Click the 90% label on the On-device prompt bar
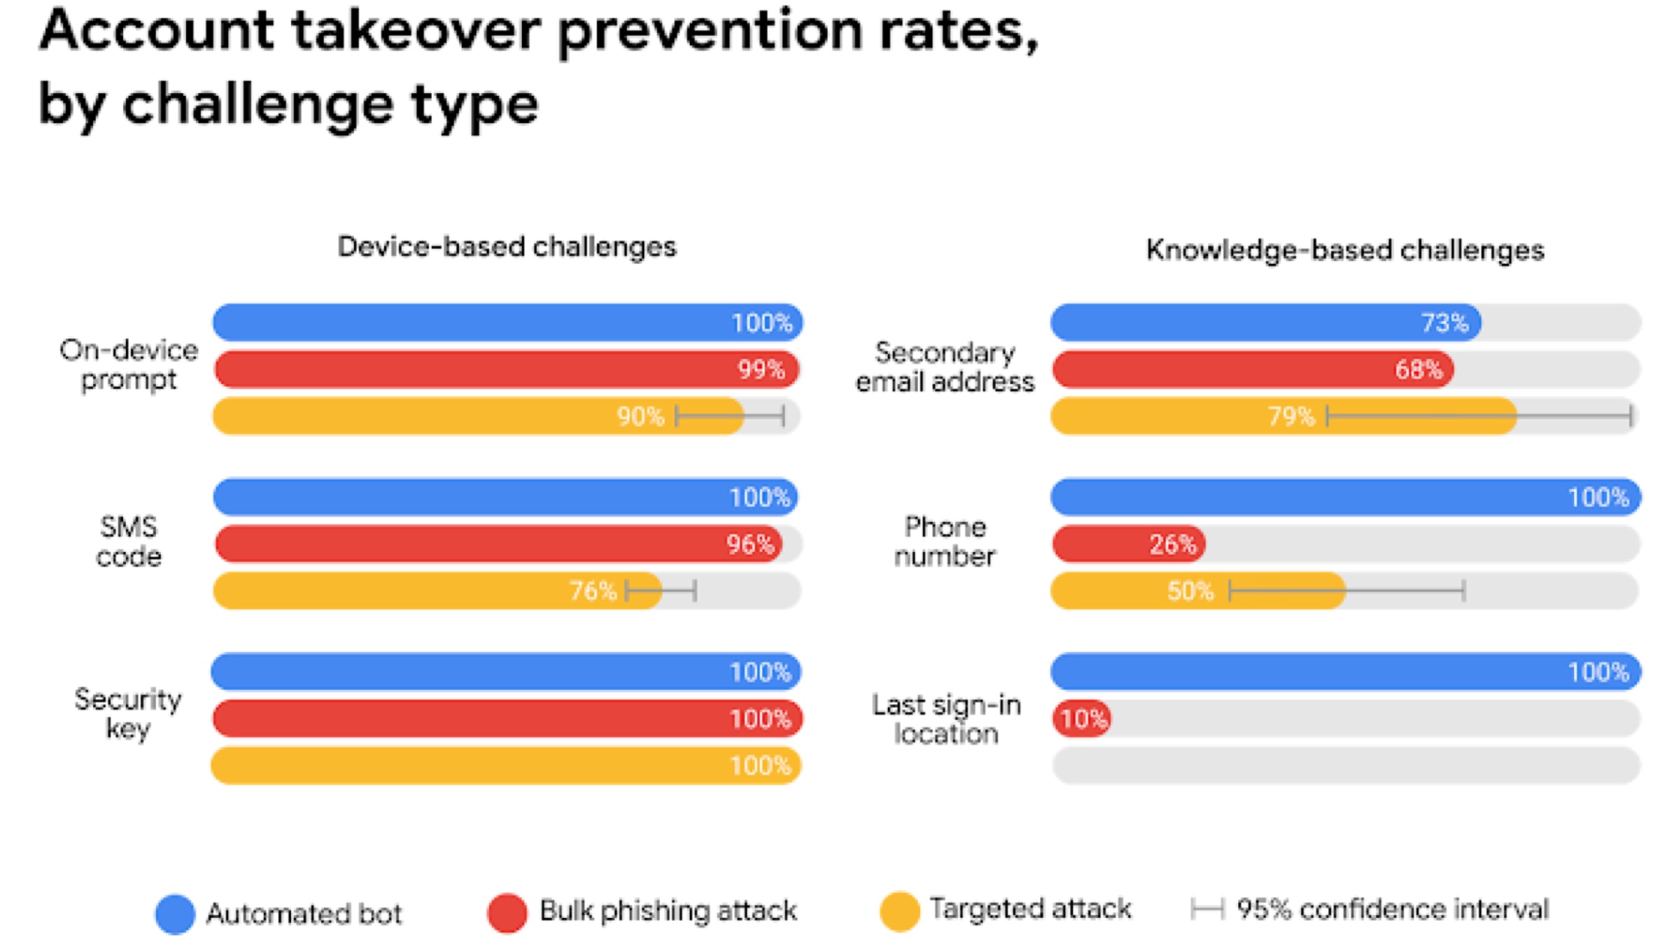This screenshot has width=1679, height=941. pyautogui.click(x=639, y=417)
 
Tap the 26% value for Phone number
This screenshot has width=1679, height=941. pyautogui.click(x=1173, y=544)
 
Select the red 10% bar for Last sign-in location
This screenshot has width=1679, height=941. pyautogui.click(x=1082, y=719)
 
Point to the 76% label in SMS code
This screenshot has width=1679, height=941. pyautogui.click(x=593, y=591)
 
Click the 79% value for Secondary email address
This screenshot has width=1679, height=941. pyautogui.click(x=1291, y=417)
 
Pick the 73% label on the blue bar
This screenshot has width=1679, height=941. pyautogui.click(x=1445, y=323)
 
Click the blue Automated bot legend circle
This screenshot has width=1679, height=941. pyautogui.click(x=175, y=914)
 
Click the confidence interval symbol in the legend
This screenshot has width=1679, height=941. pyautogui.click(x=1207, y=910)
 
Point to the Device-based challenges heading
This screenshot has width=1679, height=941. pyautogui.click(x=507, y=247)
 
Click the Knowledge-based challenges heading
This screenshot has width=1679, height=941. pyautogui.click(x=1345, y=250)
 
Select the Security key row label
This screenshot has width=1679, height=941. pyautogui.click(x=128, y=714)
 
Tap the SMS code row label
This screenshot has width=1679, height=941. pyautogui.click(x=129, y=542)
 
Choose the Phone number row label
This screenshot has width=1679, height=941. pyautogui.click(x=944, y=542)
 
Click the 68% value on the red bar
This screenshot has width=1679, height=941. pyautogui.click(x=1418, y=369)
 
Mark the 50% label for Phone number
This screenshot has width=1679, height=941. pyautogui.click(x=1190, y=591)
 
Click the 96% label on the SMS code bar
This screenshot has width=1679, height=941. pyautogui.click(x=750, y=544)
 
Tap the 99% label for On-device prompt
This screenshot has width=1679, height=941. pyautogui.click(x=761, y=369)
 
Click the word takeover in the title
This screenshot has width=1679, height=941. pyautogui.click(x=416, y=31)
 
